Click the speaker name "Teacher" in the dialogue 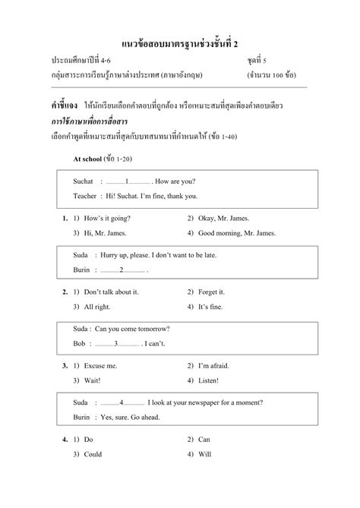[85, 195]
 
